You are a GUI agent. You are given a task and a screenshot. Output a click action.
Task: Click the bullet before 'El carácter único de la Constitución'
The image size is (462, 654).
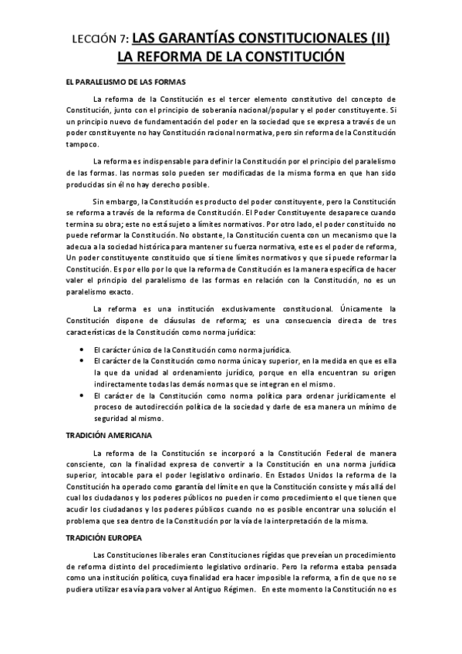(82, 349)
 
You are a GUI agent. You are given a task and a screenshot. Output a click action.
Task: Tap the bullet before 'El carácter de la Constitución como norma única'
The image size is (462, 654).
(82, 361)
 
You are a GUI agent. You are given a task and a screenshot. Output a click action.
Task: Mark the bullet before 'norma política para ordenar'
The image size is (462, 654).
(82, 396)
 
